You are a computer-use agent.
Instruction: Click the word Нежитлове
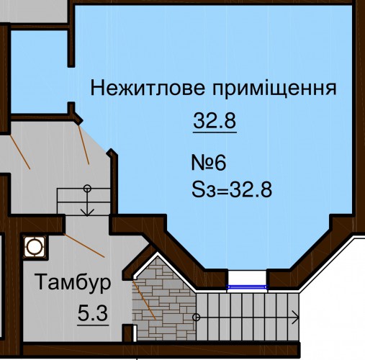148,88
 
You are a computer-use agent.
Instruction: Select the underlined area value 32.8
215,121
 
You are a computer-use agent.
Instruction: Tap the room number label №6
209,163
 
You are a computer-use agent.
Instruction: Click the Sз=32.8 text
232,189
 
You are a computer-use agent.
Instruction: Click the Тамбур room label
73,282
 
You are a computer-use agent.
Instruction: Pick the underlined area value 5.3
93,314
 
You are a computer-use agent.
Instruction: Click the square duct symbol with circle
35,247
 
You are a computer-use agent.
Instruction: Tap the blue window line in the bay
247,287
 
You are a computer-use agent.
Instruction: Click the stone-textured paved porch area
163,300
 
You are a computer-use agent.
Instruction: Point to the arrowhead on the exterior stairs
296,318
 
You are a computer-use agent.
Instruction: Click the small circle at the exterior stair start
197,318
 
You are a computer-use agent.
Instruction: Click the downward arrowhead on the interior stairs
87,212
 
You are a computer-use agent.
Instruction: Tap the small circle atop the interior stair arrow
87,189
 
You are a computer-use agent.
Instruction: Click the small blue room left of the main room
40,71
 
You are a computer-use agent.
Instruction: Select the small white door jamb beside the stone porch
135,333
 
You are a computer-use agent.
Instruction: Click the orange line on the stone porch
145,300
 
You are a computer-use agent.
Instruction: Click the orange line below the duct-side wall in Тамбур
84,246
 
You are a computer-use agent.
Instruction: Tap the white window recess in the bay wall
247,278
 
